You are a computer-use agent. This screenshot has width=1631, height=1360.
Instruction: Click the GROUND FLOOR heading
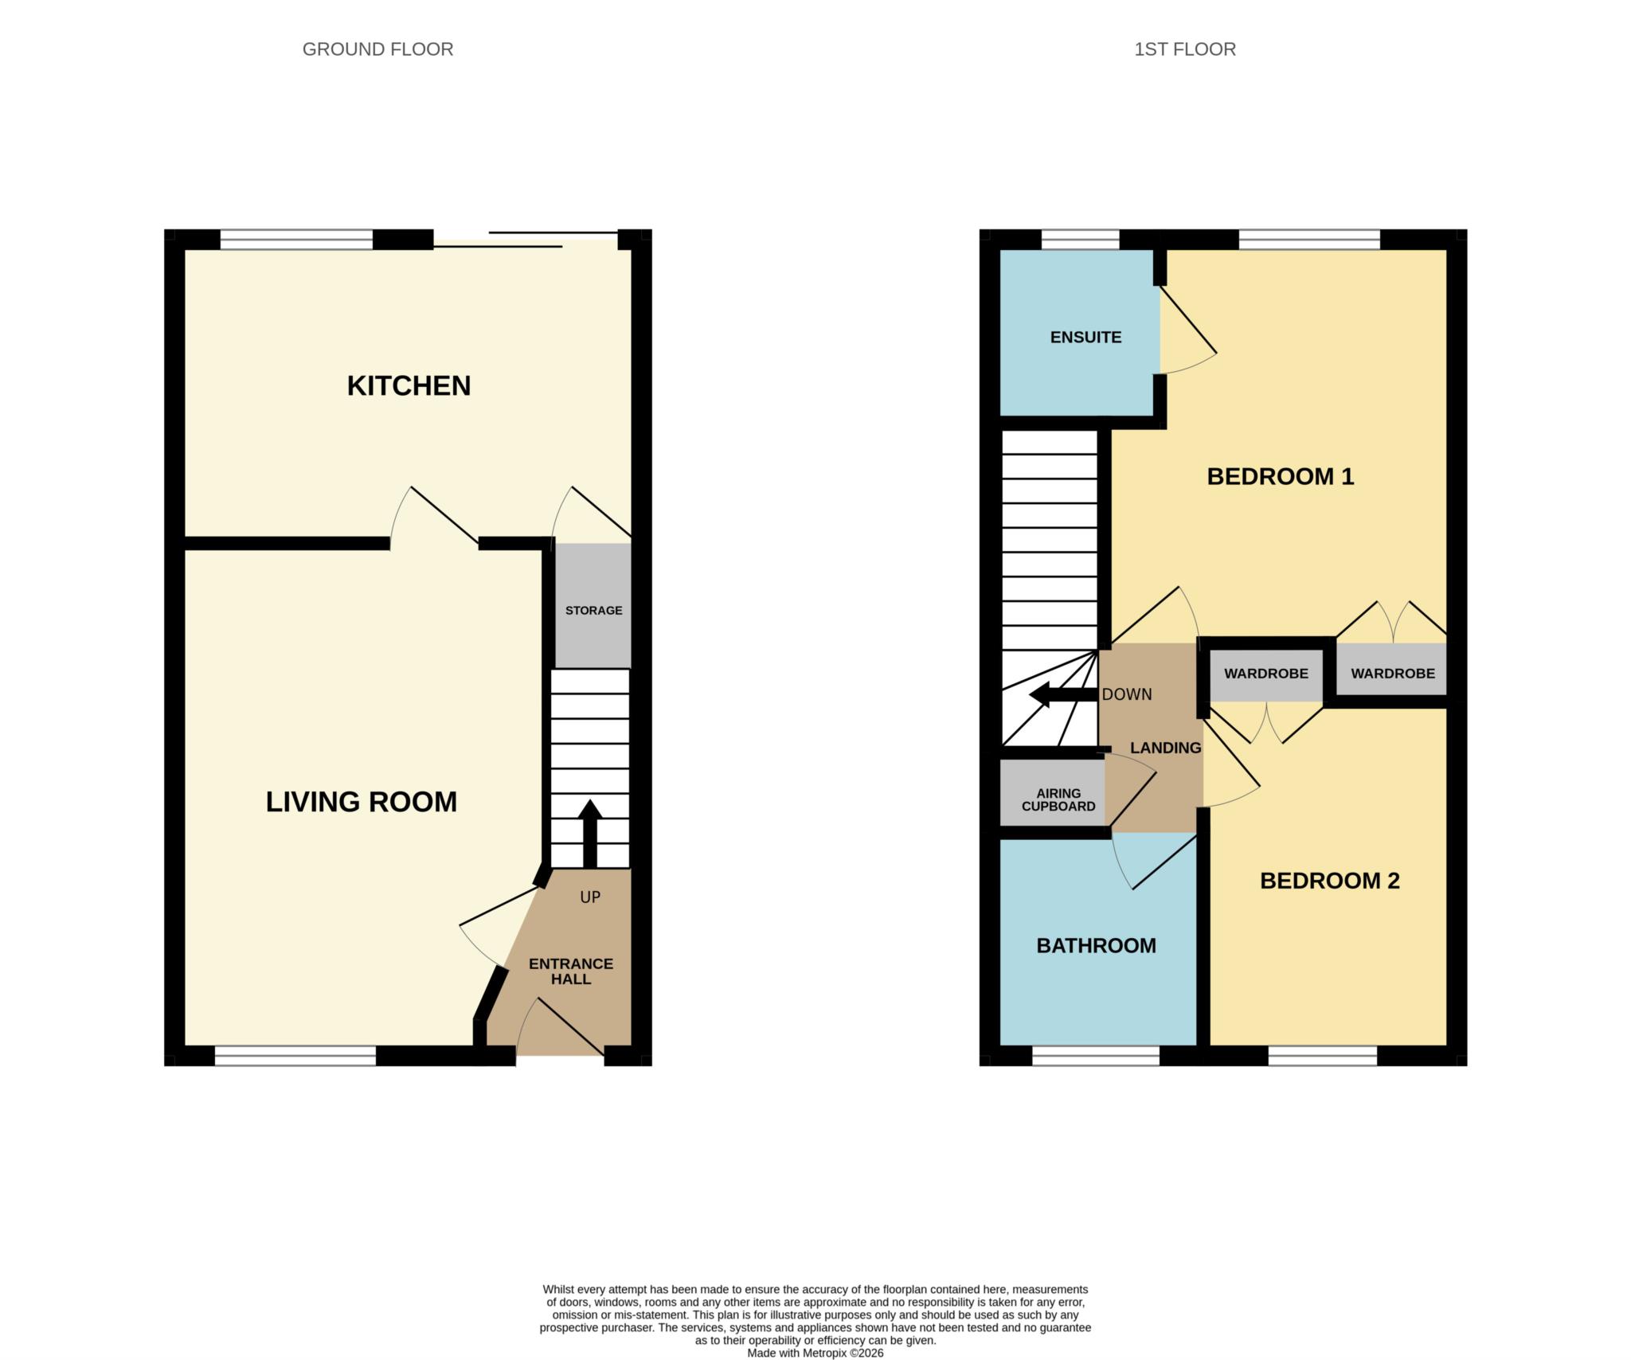pos(377,49)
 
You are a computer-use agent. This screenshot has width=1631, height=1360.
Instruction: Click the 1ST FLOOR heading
pos(1185,49)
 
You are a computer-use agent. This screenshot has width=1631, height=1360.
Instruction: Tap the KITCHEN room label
pos(409,385)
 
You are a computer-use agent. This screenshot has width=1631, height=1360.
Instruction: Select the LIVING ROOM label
pos(362,802)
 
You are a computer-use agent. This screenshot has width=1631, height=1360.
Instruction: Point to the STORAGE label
pos(594,611)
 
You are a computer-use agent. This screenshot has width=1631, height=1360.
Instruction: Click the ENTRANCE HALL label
pos(571,971)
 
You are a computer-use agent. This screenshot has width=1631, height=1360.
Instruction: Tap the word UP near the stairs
pos(590,897)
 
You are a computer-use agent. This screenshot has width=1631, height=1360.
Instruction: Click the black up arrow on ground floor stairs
pos(589,834)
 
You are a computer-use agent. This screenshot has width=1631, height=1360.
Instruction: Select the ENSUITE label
pos(1085,338)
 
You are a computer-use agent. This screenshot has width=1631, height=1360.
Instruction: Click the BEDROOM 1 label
pos(1281,476)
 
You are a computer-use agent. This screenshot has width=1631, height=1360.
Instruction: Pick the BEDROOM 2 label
pos(1330,881)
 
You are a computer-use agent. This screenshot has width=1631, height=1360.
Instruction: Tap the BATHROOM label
pos(1096,946)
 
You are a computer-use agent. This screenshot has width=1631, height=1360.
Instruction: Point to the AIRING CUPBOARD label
pos(1058,799)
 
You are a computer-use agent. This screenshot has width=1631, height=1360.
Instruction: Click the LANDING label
pos(1166,748)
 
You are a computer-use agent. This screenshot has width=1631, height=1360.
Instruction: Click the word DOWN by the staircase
pos(1127,694)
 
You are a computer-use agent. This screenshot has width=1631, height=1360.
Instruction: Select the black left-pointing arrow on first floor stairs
pos(1064,695)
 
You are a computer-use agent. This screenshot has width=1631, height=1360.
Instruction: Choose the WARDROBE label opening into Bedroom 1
pos(1393,674)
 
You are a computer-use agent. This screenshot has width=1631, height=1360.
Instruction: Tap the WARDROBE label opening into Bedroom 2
pos(1266,674)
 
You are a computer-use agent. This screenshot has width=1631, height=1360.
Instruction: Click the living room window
pos(295,1056)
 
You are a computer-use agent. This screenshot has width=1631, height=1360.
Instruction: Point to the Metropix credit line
pos(815,1353)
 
